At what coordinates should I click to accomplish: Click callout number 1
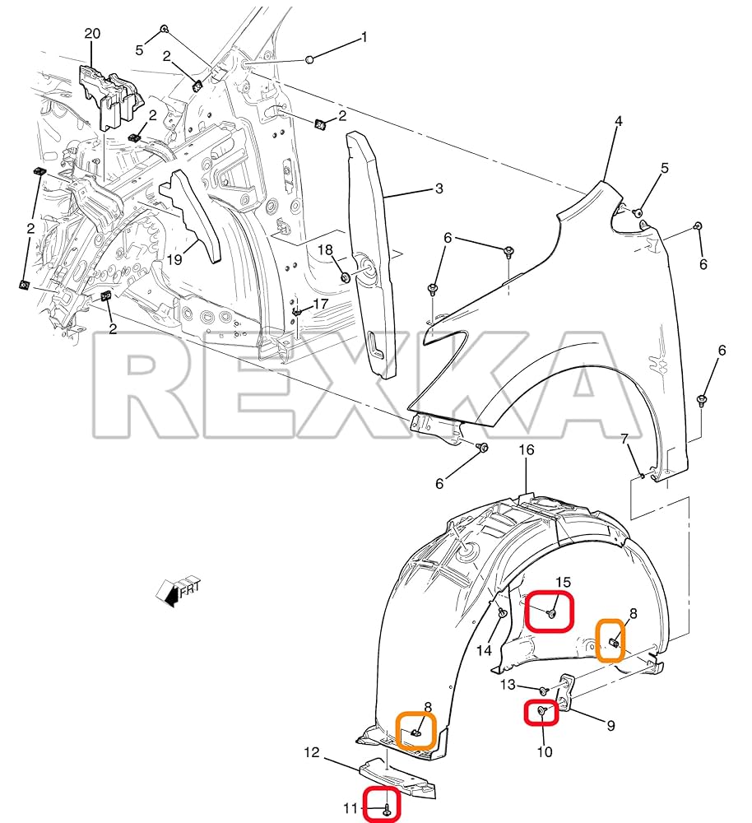click(363, 38)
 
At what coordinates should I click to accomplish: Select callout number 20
click(92, 34)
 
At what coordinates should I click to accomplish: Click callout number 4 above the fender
click(618, 121)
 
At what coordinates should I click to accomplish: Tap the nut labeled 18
click(346, 277)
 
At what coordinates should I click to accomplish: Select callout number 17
click(320, 304)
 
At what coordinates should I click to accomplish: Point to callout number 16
click(527, 450)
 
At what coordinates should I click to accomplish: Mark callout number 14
click(485, 650)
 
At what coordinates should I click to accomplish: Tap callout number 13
click(508, 685)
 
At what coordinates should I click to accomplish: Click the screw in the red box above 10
click(541, 710)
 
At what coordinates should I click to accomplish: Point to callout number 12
click(312, 751)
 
